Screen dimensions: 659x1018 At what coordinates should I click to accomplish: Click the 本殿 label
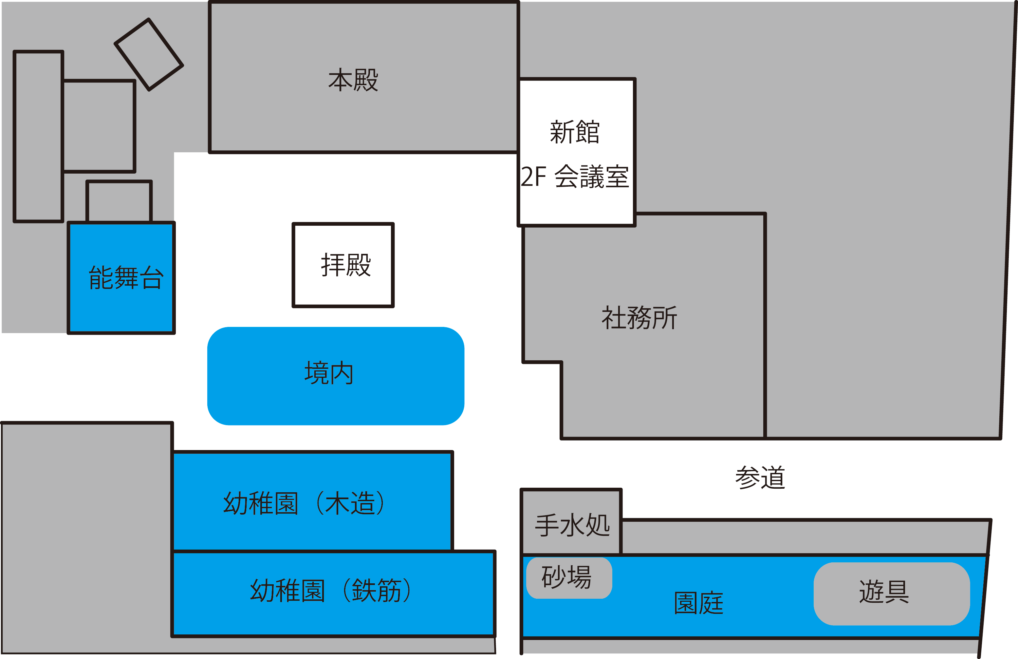tap(353, 80)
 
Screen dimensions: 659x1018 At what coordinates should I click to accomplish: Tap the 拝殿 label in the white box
tap(346, 265)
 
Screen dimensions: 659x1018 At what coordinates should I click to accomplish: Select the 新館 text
tap(574, 132)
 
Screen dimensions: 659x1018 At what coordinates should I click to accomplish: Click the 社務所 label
tap(639, 318)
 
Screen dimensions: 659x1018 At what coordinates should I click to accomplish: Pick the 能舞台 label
tap(126, 278)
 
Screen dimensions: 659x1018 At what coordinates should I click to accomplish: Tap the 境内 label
tap(329, 373)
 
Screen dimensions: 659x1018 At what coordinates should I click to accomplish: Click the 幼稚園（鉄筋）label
tap(331, 591)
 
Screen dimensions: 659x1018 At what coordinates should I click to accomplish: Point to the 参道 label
tap(760, 478)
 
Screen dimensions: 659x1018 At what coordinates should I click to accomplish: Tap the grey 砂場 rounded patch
tap(568, 578)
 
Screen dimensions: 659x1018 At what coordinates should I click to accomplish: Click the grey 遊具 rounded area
tap(891, 594)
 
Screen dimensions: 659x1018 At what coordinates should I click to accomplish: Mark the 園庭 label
tap(698, 603)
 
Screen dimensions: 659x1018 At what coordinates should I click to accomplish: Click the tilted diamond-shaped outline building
tap(149, 55)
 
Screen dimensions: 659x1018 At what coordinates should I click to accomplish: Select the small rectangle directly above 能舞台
tap(119, 201)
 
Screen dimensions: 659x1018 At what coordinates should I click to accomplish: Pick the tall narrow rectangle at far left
tap(39, 136)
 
